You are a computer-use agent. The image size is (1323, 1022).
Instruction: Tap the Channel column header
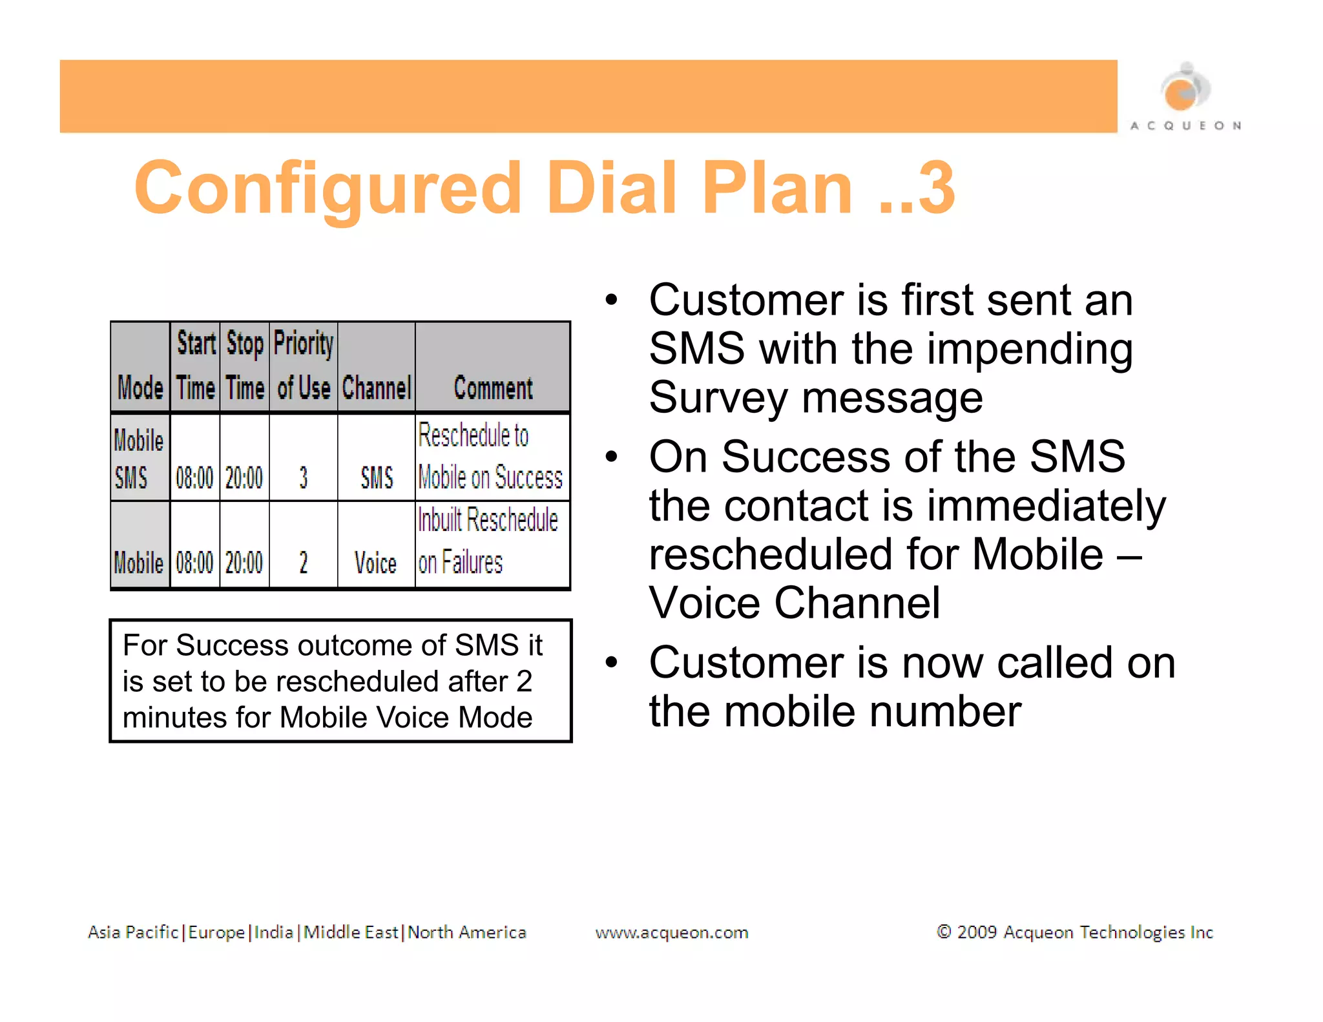376,388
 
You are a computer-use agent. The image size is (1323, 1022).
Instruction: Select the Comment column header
493,388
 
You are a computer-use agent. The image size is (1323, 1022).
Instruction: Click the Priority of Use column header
303,366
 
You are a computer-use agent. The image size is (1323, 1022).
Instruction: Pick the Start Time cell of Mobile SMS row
194,478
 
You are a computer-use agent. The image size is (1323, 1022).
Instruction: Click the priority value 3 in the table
303,478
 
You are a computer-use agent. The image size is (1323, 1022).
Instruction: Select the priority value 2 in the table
303,563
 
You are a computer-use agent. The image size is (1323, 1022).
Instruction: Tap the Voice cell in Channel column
375,563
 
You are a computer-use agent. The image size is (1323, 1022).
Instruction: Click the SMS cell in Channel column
377,478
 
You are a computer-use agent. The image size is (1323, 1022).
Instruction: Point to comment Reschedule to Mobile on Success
490,457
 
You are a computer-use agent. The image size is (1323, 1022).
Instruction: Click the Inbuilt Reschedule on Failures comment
488,541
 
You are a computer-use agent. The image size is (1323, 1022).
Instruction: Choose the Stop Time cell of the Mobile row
244,563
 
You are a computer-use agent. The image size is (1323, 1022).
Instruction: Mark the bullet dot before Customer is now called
611,662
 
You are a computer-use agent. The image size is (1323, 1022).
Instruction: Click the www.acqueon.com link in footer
671,932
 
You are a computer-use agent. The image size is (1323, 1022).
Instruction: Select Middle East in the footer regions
351,932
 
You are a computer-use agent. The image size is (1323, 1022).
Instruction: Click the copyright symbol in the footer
944,932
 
